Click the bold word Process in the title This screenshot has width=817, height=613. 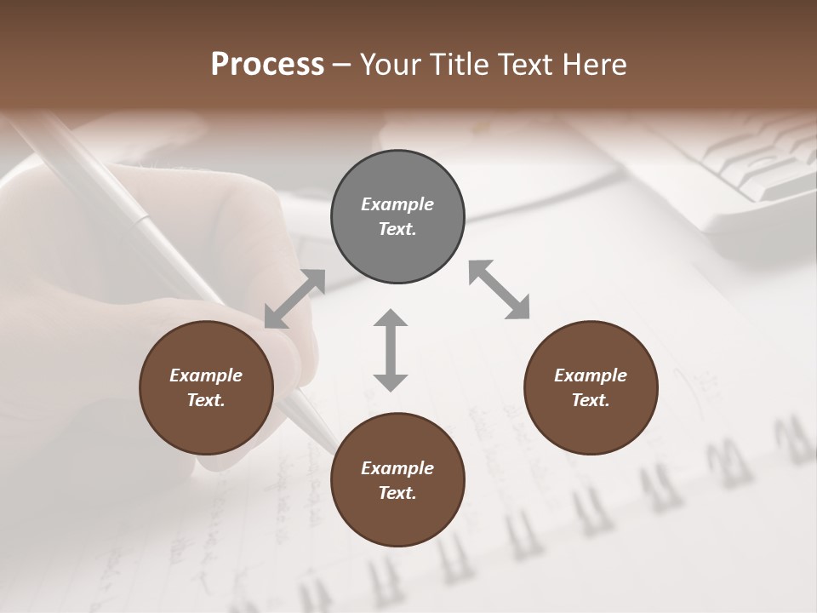[267, 65]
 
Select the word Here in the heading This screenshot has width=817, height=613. [592, 65]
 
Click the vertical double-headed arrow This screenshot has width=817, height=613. [391, 350]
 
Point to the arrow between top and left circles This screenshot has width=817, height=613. [294, 299]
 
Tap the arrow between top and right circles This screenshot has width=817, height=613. [500, 289]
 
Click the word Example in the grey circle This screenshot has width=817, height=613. [397, 204]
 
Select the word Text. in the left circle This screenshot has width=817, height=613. [206, 400]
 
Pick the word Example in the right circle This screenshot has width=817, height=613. [591, 375]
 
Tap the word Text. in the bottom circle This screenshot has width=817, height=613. [397, 493]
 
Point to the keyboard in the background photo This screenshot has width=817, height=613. [749, 170]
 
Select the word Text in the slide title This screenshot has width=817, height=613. [523, 65]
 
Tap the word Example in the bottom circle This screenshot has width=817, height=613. [397, 468]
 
